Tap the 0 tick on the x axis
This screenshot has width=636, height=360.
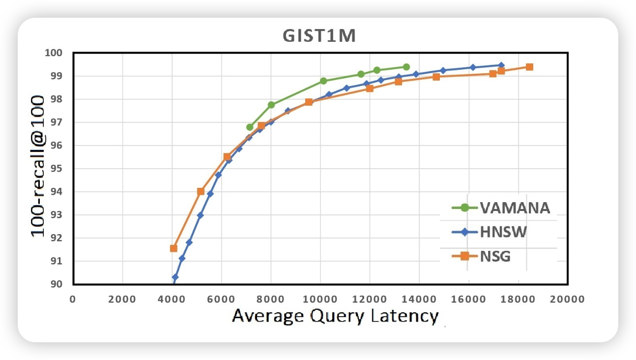(73, 299)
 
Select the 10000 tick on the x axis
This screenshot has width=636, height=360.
(320, 299)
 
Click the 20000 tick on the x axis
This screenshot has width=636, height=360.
(567, 299)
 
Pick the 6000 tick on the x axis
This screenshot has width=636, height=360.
(221, 299)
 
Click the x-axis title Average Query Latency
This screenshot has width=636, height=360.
(335, 316)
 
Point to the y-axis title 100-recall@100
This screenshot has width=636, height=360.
(39, 167)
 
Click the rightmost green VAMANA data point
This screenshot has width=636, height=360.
(406, 67)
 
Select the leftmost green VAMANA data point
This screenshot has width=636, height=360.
(250, 127)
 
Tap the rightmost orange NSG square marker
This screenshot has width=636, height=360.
(529, 67)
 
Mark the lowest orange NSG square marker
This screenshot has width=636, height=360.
(173, 248)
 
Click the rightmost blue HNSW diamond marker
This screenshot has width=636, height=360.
(501, 65)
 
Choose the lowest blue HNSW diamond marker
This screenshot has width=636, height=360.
(175, 277)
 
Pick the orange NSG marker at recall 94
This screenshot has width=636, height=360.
(201, 191)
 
